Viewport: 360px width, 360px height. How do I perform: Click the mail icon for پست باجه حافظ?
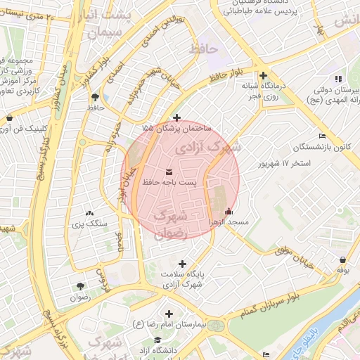point(169,172)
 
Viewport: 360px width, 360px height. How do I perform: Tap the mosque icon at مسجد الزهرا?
point(228,211)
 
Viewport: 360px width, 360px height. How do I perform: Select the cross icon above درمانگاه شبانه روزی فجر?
point(263,76)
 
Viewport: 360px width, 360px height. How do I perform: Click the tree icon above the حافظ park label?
point(95,97)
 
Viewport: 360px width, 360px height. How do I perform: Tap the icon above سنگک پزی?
point(89,212)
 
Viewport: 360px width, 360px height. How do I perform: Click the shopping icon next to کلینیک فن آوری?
point(9,118)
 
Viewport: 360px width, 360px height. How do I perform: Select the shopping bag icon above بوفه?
point(342,259)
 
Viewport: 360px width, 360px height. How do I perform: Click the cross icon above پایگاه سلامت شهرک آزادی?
point(182,264)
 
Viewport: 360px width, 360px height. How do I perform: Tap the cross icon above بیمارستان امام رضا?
point(168,314)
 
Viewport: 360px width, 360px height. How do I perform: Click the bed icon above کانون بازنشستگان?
point(322,136)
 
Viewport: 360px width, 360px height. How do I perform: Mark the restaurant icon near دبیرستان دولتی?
point(338,79)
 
